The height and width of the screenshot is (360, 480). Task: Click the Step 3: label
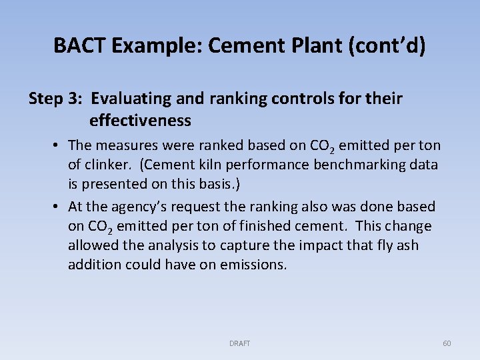click(x=55, y=99)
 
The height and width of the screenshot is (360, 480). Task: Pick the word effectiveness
click(x=140, y=121)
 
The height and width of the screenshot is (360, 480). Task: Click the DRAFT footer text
click(x=239, y=343)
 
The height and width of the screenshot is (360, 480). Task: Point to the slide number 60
click(x=447, y=343)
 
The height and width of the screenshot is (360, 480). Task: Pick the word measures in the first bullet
click(x=119, y=145)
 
